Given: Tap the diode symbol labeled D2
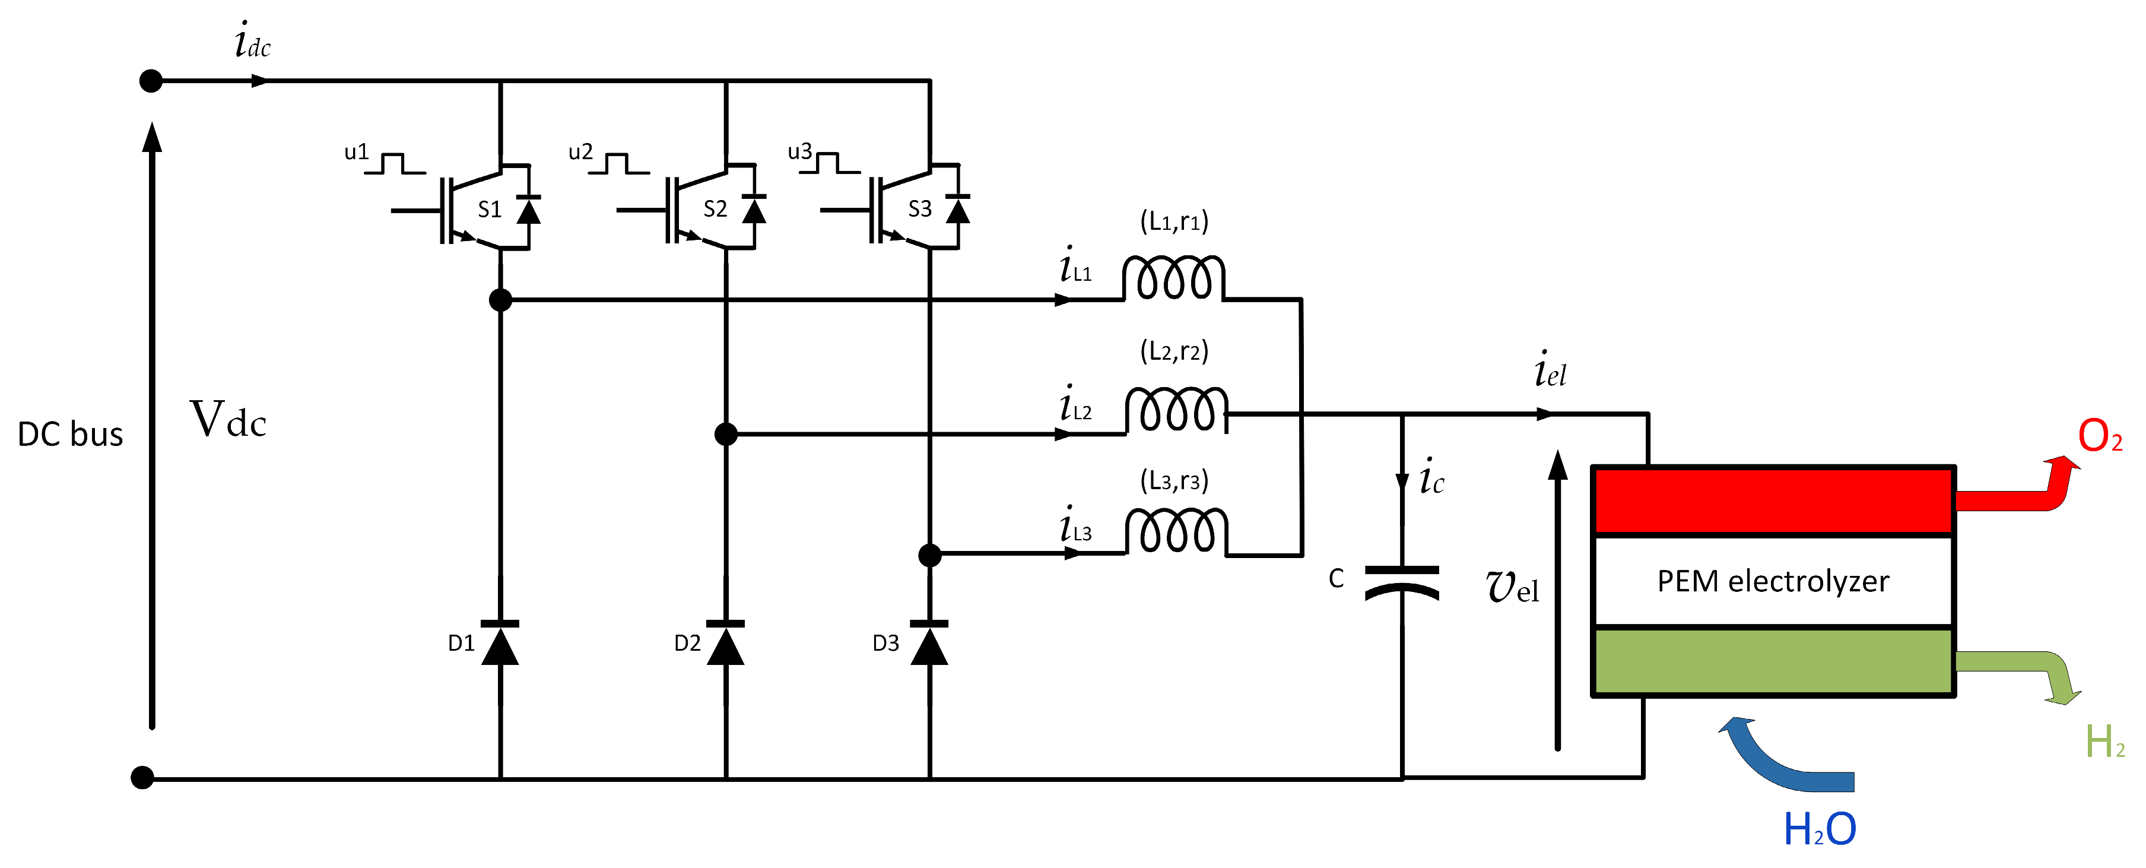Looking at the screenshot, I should pos(726,644).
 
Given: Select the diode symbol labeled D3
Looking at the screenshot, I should pos(929,644).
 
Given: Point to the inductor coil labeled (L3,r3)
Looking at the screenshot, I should pos(1176,531).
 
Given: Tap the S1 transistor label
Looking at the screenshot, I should pos(490,209).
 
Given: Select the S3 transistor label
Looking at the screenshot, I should pos(920,209).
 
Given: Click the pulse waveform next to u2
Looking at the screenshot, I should pos(619,163).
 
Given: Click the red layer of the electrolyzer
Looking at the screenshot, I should pos(1772,500).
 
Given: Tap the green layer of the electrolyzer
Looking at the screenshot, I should pos(1772,661).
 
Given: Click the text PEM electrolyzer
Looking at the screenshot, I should pos(1772,581).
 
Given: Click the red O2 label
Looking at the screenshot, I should pos(2099,436).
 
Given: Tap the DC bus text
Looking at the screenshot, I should pos(71,435).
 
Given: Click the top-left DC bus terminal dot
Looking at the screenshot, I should pos(151,81).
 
